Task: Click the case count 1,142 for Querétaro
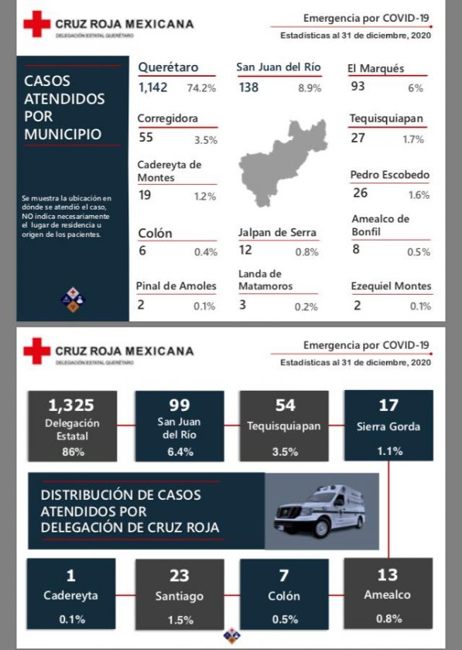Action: (x=153, y=87)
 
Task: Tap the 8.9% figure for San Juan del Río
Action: (x=310, y=88)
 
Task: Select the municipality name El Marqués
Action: (x=376, y=68)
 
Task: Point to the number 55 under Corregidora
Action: (x=146, y=137)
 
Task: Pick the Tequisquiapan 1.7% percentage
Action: (x=413, y=139)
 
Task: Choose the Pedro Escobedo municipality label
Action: (x=390, y=175)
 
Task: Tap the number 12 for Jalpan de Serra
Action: (x=245, y=250)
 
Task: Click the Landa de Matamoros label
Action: (x=265, y=280)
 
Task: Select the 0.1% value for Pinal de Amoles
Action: (x=204, y=306)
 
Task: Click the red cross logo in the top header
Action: (x=37, y=24)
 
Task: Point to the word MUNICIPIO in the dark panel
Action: (x=63, y=134)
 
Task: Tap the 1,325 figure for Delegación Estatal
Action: (x=71, y=405)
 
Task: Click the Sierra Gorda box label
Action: (x=388, y=426)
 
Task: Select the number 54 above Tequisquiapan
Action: (x=286, y=405)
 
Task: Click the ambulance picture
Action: (x=319, y=511)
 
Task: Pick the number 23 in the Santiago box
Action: (x=180, y=576)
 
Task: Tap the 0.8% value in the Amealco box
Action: (x=389, y=619)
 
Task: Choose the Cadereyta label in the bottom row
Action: (x=71, y=595)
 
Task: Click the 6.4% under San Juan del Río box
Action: (x=180, y=452)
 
